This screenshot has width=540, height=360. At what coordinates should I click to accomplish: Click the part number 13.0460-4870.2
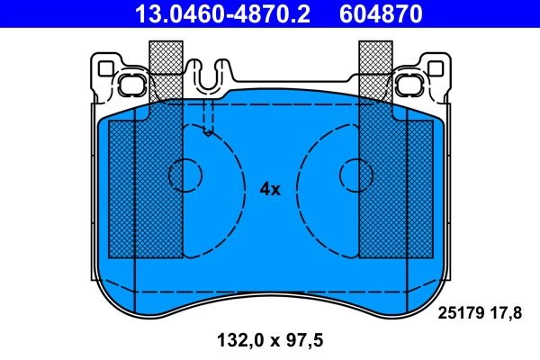click(222, 13)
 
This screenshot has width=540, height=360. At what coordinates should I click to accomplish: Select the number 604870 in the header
click(381, 13)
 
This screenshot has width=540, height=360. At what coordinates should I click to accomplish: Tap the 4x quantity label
click(270, 189)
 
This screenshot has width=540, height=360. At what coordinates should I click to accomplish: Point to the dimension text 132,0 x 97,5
click(270, 340)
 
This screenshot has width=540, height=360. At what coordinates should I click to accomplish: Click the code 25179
click(460, 313)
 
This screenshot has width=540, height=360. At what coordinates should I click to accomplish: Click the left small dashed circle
click(185, 175)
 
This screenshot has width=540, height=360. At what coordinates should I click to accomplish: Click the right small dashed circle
click(356, 175)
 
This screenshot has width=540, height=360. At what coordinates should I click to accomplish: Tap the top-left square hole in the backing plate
click(105, 68)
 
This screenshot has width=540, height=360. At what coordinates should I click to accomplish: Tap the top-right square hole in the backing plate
click(436, 68)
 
